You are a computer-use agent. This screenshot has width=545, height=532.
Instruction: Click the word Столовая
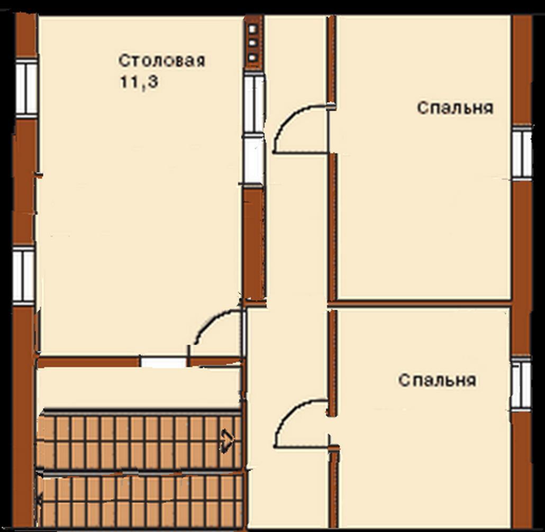tap(161, 61)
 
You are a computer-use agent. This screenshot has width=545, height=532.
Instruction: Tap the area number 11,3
tap(139, 82)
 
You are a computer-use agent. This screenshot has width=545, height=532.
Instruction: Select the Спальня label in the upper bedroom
tap(456, 108)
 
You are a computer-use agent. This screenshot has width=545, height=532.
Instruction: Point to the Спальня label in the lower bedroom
tap(437, 380)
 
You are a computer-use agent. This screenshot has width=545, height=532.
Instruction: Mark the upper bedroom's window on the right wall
tap(522, 152)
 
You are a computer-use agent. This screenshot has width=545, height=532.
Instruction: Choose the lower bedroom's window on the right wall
tap(521, 383)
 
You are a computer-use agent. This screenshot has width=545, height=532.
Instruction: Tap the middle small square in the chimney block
tap(253, 43)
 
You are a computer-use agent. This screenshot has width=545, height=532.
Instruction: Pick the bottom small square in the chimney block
tap(253, 57)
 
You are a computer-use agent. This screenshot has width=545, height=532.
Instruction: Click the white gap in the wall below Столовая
tap(163, 362)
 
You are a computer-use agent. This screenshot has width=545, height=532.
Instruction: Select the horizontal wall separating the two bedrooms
tap(420, 303)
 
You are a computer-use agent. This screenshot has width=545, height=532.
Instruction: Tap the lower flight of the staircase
tap(140, 500)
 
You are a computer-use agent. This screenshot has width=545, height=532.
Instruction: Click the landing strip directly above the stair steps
tap(139, 388)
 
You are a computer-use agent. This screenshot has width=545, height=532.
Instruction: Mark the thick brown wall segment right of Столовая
tap(255, 243)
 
